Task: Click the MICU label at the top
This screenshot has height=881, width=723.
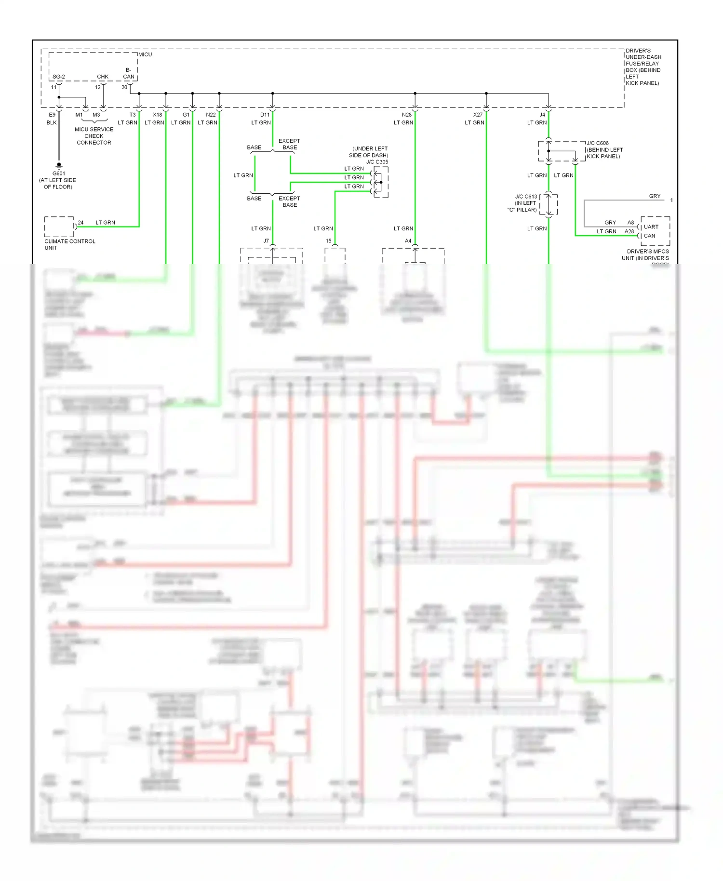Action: [145, 54]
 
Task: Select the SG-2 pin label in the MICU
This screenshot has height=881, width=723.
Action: [58, 77]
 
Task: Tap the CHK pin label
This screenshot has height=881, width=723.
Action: [103, 77]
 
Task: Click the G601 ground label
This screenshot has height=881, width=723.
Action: [59, 174]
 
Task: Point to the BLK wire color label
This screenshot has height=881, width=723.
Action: [52, 122]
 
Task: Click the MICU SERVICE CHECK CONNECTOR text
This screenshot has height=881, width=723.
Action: [94, 136]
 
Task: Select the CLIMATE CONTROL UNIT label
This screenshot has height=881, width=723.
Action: [69, 244]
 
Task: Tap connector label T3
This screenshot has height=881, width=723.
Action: [133, 115]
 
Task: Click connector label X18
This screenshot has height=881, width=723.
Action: [158, 115]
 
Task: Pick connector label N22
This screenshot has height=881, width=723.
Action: [211, 115]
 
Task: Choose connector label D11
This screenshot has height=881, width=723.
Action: [265, 115]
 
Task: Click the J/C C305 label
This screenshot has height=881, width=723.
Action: [377, 162]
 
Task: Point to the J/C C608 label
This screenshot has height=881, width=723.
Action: [598, 143]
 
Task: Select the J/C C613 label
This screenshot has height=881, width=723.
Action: [526, 197]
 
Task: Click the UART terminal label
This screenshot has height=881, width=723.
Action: [651, 227]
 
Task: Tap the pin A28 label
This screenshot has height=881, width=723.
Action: [629, 231]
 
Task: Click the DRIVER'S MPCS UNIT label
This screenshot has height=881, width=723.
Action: [645, 254]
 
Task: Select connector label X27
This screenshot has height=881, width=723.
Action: [478, 115]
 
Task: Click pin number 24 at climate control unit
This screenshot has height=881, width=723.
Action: [80, 223]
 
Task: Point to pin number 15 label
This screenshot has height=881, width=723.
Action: [328, 241]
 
